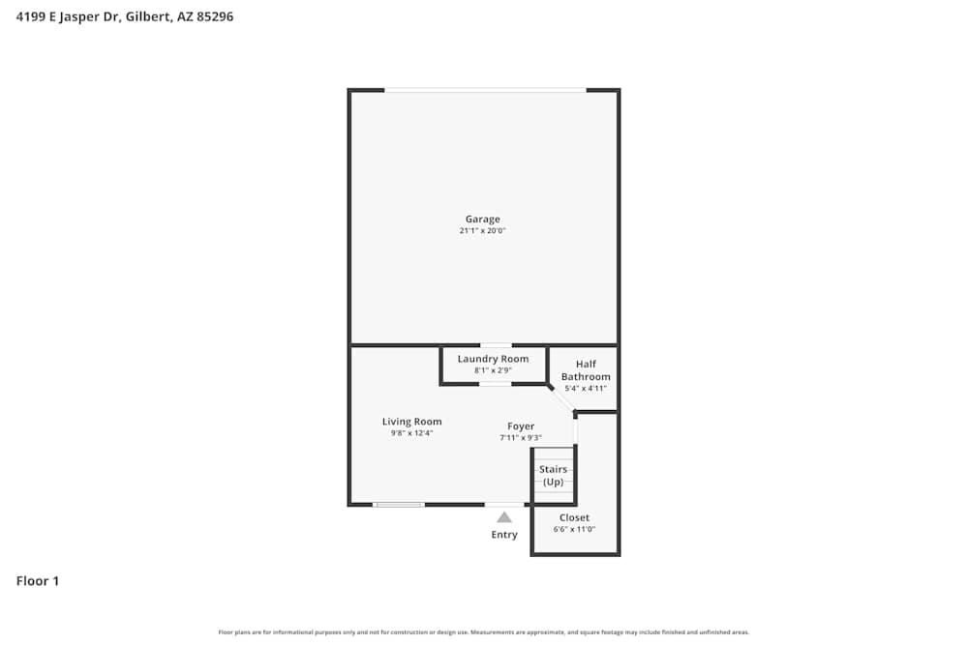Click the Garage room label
pyautogui.click(x=482, y=220)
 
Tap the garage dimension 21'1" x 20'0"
pyautogui.click(x=482, y=231)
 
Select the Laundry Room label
pyautogui.click(x=493, y=359)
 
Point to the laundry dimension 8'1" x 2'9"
pyautogui.click(x=493, y=370)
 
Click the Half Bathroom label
pyautogui.click(x=586, y=370)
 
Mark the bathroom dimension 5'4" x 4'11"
pyautogui.click(x=586, y=389)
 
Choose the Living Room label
pyautogui.click(x=411, y=422)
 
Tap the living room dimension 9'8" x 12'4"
pyautogui.click(x=411, y=433)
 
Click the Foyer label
pyautogui.click(x=521, y=426)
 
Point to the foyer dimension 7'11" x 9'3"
pyautogui.click(x=521, y=438)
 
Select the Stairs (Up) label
pyautogui.click(x=553, y=476)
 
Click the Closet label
pyautogui.click(x=574, y=518)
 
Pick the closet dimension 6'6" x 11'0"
pyautogui.click(x=574, y=530)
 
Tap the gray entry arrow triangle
pyautogui.click(x=504, y=517)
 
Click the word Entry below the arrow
pyautogui.click(x=504, y=535)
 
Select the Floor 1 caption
pyautogui.click(x=38, y=581)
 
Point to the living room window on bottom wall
pyautogui.click(x=399, y=505)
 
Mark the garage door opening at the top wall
pyautogui.click(x=485, y=90)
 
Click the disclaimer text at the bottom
pyautogui.click(x=484, y=632)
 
